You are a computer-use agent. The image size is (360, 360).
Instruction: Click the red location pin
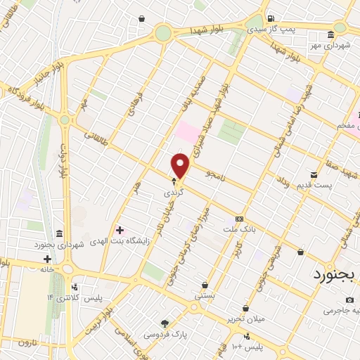181,166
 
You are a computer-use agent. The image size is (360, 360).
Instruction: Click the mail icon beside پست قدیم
314,174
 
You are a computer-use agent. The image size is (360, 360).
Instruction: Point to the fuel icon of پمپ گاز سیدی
271,19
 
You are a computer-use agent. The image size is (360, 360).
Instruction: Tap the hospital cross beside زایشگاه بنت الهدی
120,230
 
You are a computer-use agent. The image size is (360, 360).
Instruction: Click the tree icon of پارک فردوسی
165,324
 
